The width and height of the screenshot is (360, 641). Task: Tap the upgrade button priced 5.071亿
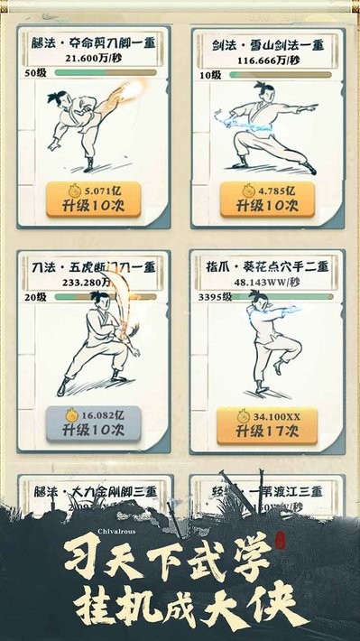tap(95, 199)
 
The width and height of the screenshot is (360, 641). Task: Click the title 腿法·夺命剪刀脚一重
tap(95, 42)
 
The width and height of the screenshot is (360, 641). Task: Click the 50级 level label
tap(35, 72)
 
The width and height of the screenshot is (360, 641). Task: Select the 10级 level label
tap(208, 73)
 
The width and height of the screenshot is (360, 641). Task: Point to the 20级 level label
tap(35, 297)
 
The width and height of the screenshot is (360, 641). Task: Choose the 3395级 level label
tap(214, 297)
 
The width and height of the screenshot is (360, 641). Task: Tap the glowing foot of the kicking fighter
tap(138, 88)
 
